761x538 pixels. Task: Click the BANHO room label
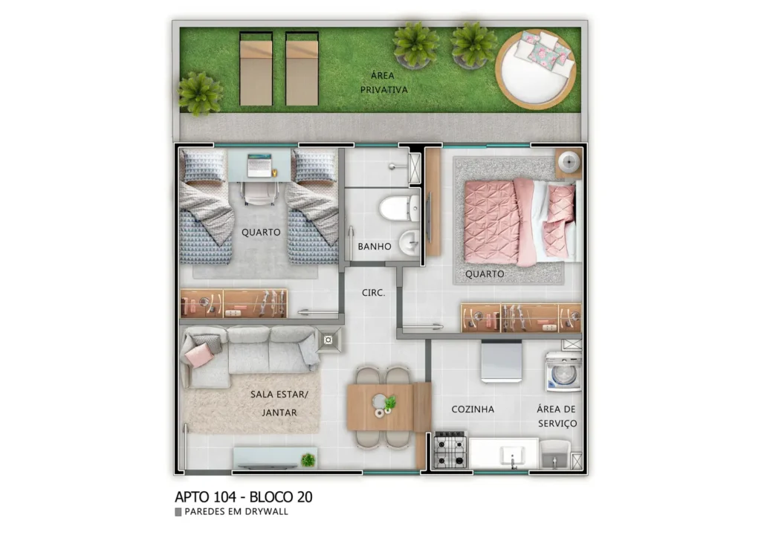pos(374,247)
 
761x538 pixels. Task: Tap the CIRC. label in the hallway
pos(373,293)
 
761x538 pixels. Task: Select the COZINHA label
pos(473,409)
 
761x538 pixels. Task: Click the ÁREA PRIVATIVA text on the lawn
pos(384,82)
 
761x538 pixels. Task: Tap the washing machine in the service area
pos(563,372)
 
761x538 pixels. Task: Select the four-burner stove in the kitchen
pos(450,450)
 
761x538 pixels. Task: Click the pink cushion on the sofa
pos(199,355)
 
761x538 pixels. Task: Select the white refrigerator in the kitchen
pos(501,361)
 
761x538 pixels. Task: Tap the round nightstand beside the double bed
pos(569,162)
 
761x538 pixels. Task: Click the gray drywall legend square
pos(178,512)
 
